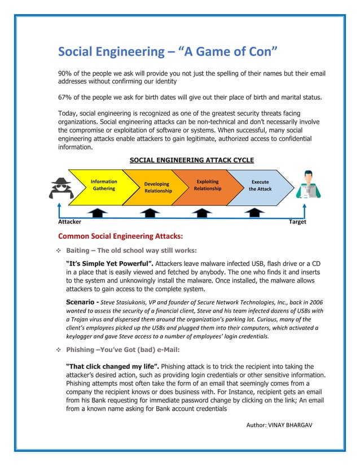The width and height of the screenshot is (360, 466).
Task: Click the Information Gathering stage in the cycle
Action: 104,185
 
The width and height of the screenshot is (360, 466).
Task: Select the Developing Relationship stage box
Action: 157,187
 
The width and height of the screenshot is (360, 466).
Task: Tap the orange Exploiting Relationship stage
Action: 208,185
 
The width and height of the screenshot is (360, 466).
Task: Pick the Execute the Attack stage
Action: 260,186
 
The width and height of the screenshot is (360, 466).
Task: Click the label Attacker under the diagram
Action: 69,222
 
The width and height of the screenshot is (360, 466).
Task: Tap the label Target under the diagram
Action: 297,222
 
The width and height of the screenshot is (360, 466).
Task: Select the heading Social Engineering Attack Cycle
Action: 192,160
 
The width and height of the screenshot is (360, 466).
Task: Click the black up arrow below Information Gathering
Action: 98,213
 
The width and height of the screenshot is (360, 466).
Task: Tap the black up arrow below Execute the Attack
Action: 256,213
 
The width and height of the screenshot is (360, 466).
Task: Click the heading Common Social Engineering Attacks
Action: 121,236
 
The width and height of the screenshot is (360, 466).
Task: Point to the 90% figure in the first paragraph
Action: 66,74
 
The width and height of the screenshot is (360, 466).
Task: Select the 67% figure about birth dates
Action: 66,97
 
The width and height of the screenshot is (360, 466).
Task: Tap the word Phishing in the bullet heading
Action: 81,349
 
